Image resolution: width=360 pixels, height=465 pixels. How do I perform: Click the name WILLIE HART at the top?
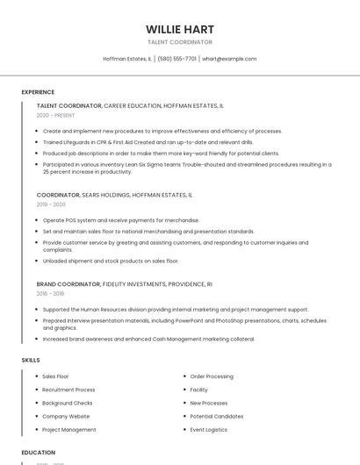[180, 29]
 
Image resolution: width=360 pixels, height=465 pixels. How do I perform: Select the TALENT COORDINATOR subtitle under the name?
[180, 42]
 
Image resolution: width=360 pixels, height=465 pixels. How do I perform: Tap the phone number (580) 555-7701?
[176, 59]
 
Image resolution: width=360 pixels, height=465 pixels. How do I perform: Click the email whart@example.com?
[230, 59]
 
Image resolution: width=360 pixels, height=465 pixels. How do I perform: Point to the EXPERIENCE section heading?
[38, 92]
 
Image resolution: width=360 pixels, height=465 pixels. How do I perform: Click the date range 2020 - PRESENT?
[55, 115]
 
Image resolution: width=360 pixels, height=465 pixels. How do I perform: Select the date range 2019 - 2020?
[51, 204]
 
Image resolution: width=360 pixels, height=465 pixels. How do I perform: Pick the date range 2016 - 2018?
[50, 294]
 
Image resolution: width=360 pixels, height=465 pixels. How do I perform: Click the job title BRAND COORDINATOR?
[68, 284]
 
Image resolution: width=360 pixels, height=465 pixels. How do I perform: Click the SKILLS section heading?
[31, 360]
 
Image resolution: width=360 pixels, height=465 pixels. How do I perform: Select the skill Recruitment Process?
[68, 390]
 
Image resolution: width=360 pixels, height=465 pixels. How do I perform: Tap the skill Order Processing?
[212, 376]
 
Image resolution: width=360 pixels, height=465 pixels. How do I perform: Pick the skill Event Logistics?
[209, 430]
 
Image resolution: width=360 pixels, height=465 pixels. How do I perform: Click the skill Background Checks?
[68, 403]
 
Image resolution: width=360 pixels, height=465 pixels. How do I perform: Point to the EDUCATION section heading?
[38, 453]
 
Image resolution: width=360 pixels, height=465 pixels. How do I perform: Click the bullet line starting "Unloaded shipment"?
[111, 261]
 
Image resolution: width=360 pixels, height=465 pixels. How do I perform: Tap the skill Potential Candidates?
[217, 416]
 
